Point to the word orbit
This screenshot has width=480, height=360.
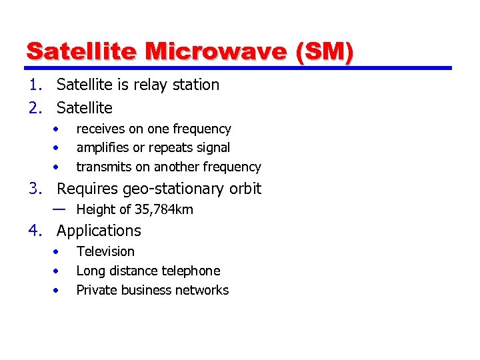[245, 189]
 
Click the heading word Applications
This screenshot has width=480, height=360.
[99, 231]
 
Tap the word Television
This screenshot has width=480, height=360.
[105, 251]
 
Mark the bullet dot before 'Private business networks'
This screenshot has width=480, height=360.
[59, 290]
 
